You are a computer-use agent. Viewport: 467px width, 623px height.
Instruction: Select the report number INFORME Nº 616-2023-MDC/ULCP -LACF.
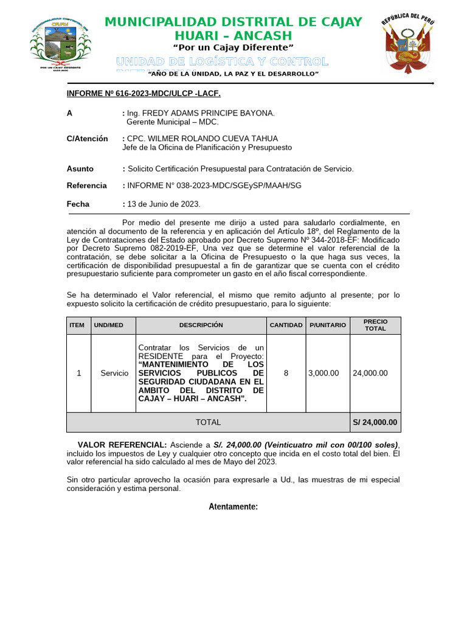coord(143,94)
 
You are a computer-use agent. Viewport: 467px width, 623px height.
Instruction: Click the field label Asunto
coord(80,169)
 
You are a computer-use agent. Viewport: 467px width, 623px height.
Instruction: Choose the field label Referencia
coord(86,186)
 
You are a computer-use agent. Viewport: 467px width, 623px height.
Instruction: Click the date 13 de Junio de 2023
coord(164,204)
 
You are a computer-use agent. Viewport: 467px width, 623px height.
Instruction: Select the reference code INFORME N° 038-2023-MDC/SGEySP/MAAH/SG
coord(214,186)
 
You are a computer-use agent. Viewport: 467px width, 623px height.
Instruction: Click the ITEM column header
coord(77,325)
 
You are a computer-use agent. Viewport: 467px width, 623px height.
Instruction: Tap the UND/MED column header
coord(108,325)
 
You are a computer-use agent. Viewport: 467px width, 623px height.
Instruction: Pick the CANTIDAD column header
coord(286,325)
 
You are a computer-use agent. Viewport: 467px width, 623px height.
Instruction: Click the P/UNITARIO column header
coord(327,325)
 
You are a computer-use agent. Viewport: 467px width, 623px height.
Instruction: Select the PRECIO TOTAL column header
coord(375,325)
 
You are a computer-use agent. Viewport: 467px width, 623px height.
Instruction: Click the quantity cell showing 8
coord(286,373)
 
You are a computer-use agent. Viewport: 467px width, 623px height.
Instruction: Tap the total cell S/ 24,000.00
coord(375,422)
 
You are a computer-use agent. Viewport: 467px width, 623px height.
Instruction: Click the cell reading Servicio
coord(114,373)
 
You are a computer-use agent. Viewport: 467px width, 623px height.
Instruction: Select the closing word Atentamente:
coord(233,507)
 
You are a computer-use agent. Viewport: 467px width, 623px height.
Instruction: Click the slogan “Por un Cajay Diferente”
coord(233,47)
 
